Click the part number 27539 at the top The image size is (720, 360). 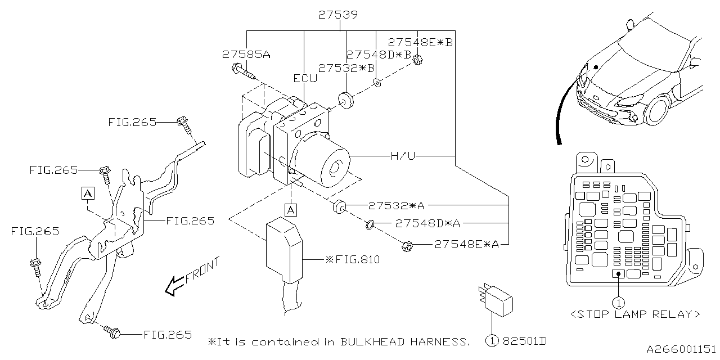pyautogui.click(x=337, y=15)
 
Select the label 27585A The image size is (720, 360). pyautogui.click(x=246, y=55)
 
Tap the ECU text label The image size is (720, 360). pyautogui.click(x=305, y=79)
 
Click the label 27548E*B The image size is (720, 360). pyautogui.click(x=420, y=42)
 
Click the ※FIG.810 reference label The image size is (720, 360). pyautogui.click(x=352, y=260)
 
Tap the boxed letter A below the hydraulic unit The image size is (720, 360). pyautogui.click(x=290, y=210)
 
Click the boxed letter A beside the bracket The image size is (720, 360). pyautogui.click(x=87, y=193)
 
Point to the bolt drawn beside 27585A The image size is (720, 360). pyautogui.click(x=242, y=71)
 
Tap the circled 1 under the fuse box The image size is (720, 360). pyautogui.click(x=618, y=303)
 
